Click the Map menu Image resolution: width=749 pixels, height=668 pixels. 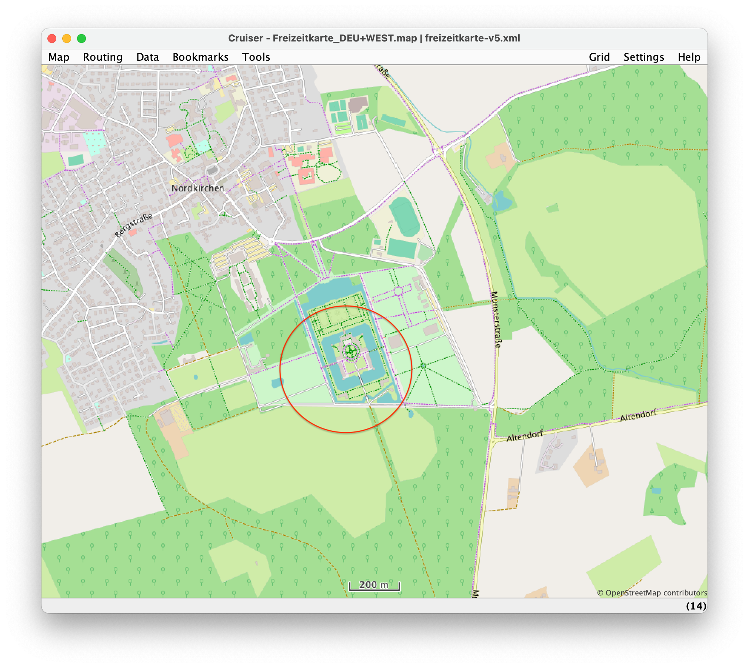click(59, 57)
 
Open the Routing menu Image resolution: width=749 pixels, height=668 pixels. click(103, 57)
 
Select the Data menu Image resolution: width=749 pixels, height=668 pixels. click(147, 57)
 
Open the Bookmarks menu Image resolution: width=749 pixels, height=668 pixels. click(200, 57)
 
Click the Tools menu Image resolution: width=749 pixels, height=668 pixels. click(256, 57)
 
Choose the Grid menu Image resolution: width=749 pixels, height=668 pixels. click(599, 57)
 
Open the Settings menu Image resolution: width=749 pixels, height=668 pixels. click(643, 57)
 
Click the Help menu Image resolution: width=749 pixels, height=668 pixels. click(689, 57)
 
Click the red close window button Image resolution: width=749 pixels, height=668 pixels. click(52, 39)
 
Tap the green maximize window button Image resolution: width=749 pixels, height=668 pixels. click(81, 39)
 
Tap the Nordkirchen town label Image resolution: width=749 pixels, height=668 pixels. click(197, 188)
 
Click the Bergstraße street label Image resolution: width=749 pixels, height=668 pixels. click(133, 225)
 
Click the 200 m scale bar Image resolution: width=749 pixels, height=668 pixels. click(374, 585)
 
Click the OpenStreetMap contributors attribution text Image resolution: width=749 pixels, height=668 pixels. click(652, 593)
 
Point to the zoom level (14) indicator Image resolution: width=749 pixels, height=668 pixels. click(696, 606)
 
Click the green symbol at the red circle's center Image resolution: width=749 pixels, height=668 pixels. click(350, 351)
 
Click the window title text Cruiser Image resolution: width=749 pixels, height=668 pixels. click(245, 38)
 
